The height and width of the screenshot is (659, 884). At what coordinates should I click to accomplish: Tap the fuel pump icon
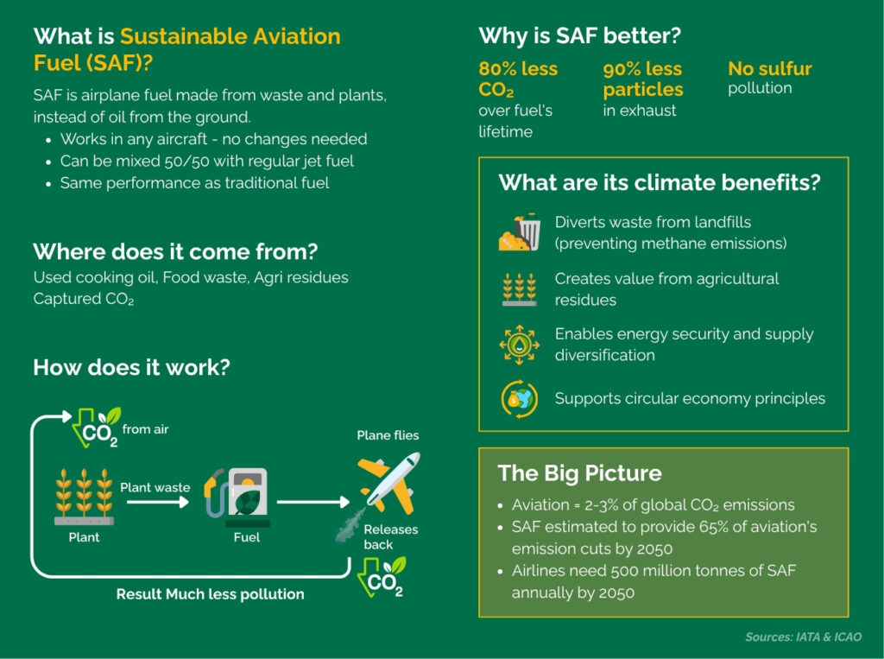(x=237, y=497)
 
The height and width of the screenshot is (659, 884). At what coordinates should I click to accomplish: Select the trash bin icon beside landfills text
(x=520, y=232)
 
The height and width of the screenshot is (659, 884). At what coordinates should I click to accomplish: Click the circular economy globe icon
(x=519, y=399)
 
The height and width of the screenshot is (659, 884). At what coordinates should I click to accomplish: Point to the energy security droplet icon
(x=519, y=344)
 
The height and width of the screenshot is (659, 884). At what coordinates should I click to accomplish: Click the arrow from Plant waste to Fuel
(x=157, y=502)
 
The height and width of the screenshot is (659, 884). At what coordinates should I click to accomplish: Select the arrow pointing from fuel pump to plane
(x=313, y=502)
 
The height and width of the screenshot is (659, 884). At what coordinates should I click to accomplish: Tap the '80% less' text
(x=518, y=69)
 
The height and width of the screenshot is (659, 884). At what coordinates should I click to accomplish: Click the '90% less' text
(x=642, y=69)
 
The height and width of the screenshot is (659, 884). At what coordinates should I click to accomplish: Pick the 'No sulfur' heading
(x=769, y=69)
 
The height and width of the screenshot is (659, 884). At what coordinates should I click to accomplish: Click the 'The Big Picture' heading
(x=579, y=472)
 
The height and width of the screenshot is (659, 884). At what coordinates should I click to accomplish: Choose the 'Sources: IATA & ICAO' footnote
(x=804, y=637)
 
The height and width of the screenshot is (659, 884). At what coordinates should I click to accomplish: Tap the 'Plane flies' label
(x=388, y=435)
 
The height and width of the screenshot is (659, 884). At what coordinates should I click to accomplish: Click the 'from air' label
(x=145, y=429)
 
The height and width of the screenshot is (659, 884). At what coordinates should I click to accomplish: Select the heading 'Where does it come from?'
(x=175, y=251)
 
